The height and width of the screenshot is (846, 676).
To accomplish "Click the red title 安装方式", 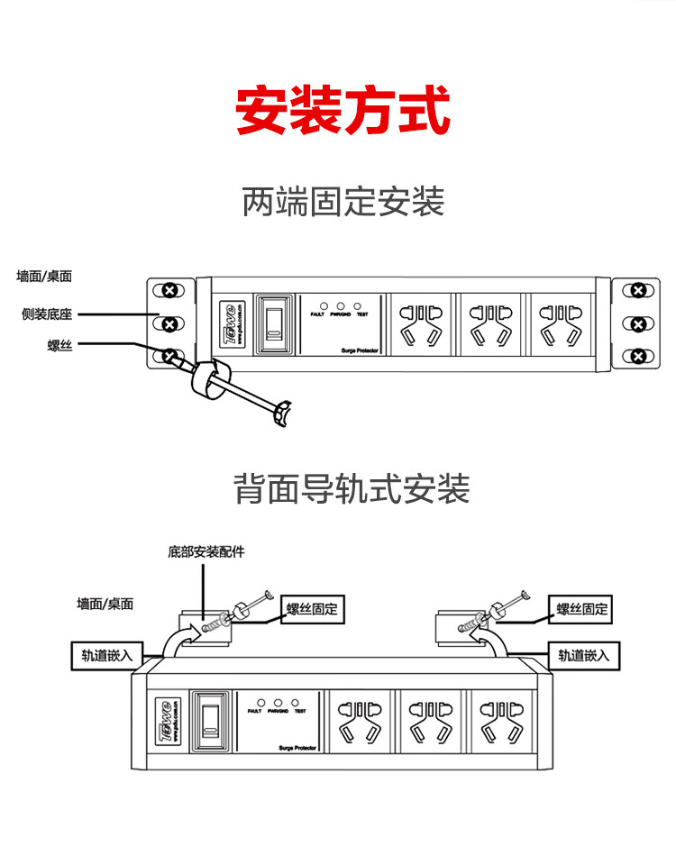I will tap(343, 111).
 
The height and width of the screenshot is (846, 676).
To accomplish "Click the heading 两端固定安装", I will tap(343, 201).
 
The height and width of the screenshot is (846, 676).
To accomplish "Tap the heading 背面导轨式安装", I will tap(352, 490).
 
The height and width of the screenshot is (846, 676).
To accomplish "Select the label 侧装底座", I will tap(47, 314).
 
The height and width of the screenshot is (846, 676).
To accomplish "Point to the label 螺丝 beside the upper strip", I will tap(59, 345).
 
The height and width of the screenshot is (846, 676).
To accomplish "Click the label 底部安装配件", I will tap(206, 551).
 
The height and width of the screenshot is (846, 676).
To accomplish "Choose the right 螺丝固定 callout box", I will tap(582, 610).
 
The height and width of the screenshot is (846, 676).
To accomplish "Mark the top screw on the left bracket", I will tap(169, 290).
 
